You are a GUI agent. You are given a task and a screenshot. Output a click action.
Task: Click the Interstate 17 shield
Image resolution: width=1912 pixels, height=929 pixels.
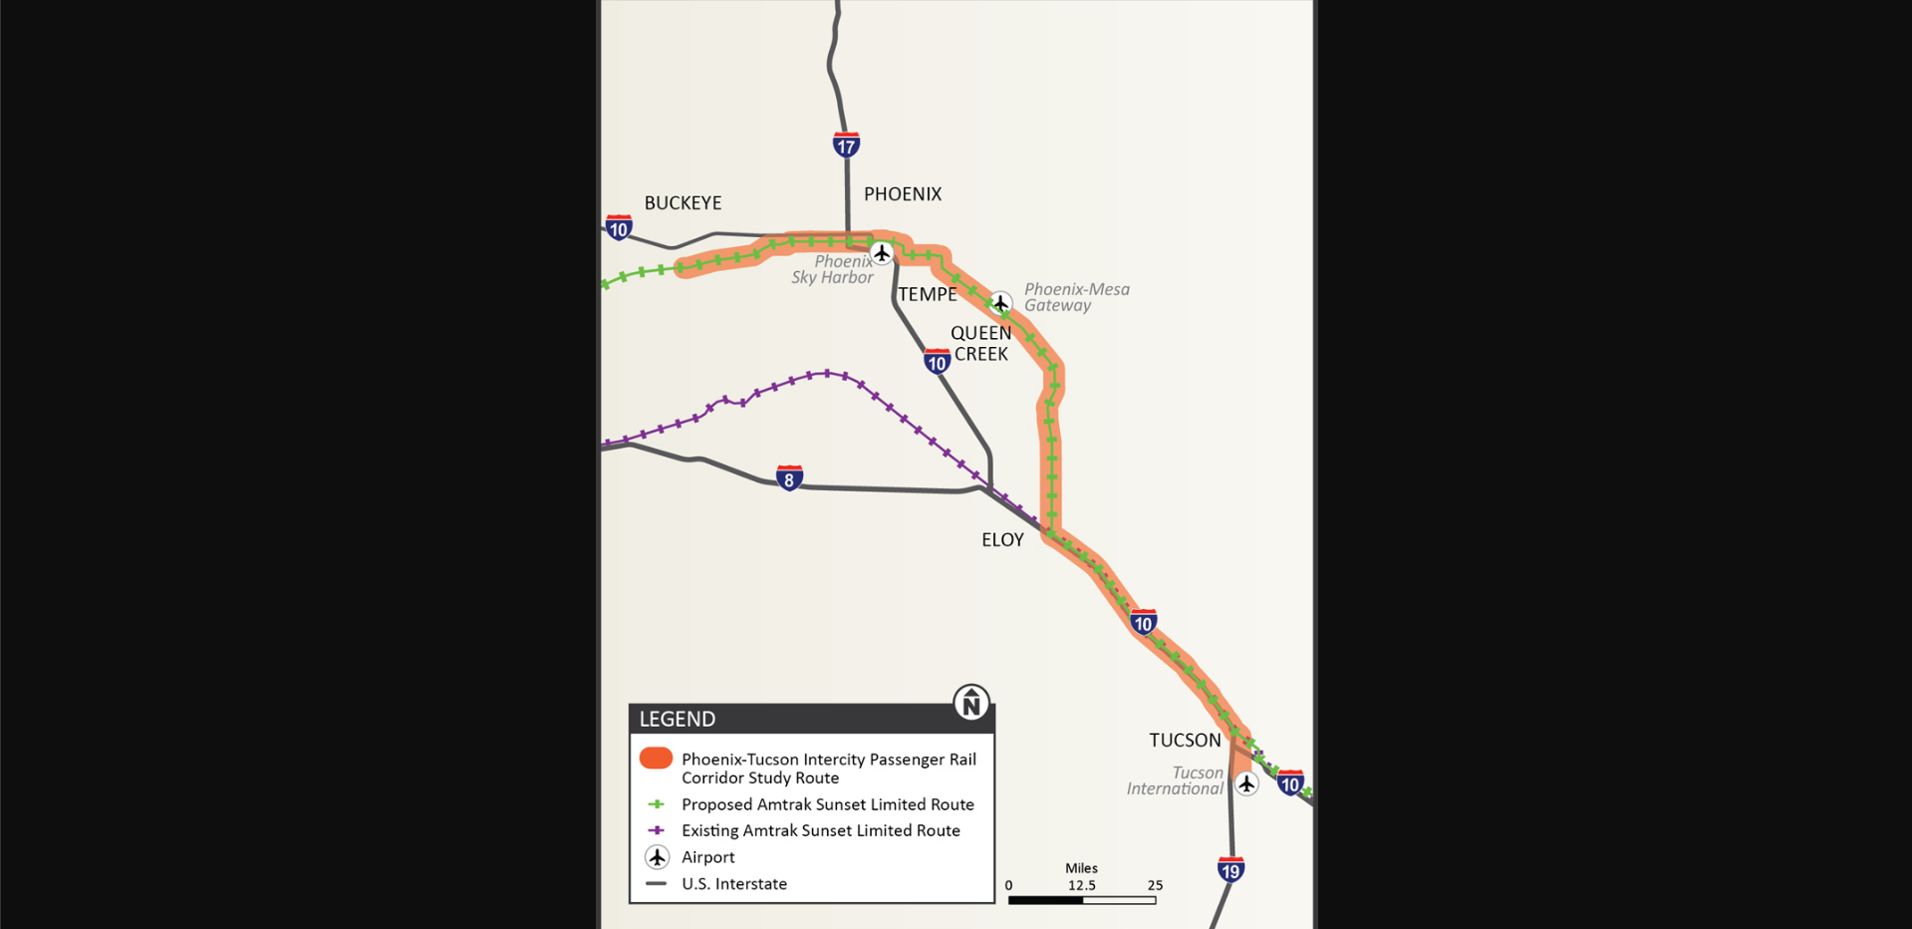tap(846, 145)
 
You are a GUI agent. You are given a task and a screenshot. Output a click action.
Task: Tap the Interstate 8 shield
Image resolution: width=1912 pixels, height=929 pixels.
tap(789, 478)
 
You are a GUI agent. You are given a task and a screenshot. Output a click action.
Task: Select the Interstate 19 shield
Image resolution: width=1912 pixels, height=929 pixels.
tap(1230, 869)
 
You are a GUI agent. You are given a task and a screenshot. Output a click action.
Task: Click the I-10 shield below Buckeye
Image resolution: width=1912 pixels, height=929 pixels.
tap(619, 227)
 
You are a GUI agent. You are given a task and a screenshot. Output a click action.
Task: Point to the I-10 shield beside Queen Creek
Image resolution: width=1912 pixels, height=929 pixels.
tap(937, 361)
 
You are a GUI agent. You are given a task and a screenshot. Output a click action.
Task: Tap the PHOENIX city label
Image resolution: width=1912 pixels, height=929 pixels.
tap(902, 194)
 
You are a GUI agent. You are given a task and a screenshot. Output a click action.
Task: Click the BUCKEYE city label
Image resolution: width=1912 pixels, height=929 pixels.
tap(683, 203)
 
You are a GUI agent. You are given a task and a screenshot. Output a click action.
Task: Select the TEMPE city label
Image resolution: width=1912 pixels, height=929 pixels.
tap(927, 294)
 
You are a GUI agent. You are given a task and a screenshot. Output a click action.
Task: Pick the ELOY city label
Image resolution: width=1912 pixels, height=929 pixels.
tap(1002, 540)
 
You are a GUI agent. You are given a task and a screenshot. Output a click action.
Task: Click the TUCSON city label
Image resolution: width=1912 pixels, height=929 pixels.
tap(1185, 741)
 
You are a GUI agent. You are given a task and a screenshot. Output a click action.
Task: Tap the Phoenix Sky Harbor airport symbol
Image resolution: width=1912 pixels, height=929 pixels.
tap(882, 253)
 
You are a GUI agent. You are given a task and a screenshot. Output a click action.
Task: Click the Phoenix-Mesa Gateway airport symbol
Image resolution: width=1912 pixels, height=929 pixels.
tap(1000, 302)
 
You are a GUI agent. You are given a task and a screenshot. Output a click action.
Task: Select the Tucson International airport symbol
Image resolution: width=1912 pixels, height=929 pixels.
tap(1246, 784)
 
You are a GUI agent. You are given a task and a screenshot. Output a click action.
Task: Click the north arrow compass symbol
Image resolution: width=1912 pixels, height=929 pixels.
tap(970, 703)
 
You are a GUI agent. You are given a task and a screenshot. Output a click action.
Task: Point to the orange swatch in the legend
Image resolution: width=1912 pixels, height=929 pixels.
tap(656, 759)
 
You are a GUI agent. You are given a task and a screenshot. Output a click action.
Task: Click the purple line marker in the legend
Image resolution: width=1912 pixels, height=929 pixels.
tap(656, 830)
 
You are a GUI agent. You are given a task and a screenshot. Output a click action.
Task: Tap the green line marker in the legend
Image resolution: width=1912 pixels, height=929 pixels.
tap(656, 804)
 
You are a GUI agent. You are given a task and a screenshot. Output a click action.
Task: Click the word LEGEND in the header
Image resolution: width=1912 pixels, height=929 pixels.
tap(678, 719)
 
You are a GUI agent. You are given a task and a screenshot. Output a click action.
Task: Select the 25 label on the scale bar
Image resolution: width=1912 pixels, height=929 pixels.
tap(1155, 885)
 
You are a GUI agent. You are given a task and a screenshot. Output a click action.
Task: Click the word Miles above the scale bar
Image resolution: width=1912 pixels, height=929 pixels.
tap(1081, 868)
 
